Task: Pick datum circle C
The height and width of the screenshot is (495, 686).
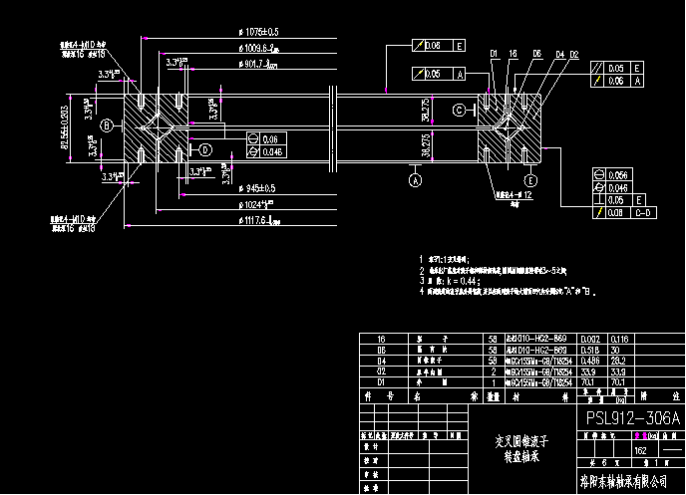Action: (x=461, y=109)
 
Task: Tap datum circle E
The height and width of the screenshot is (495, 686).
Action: (x=530, y=179)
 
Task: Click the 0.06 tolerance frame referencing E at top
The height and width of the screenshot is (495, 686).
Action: (x=440, y=46)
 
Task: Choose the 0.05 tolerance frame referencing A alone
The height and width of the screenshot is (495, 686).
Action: (x=440, y=74)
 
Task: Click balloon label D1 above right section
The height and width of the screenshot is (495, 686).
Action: (x=494, y=53)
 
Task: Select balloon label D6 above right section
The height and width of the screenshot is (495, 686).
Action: (x=537, y=53)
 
